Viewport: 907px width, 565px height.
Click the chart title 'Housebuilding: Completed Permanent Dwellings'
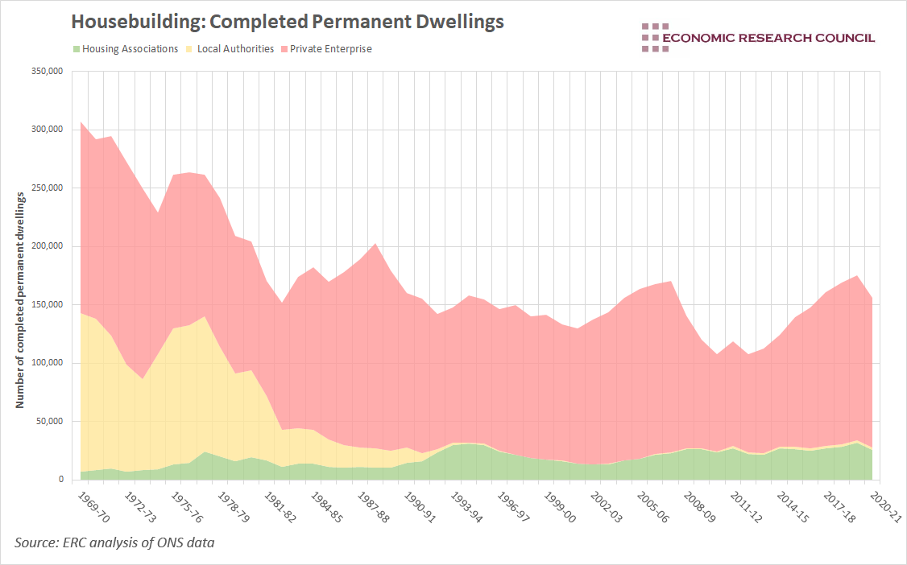point(288,22)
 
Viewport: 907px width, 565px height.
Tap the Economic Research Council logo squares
point(655,38)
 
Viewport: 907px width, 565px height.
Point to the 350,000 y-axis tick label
point(46,72)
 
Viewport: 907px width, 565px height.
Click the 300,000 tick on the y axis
point(46,130)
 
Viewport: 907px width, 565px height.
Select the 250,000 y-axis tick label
point(46,188)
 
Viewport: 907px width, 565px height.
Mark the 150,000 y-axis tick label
point(46,305)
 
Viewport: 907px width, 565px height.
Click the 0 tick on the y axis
point(60,480)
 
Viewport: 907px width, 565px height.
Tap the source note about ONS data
point(114,544)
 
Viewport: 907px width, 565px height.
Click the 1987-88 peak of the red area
point(376,244)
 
